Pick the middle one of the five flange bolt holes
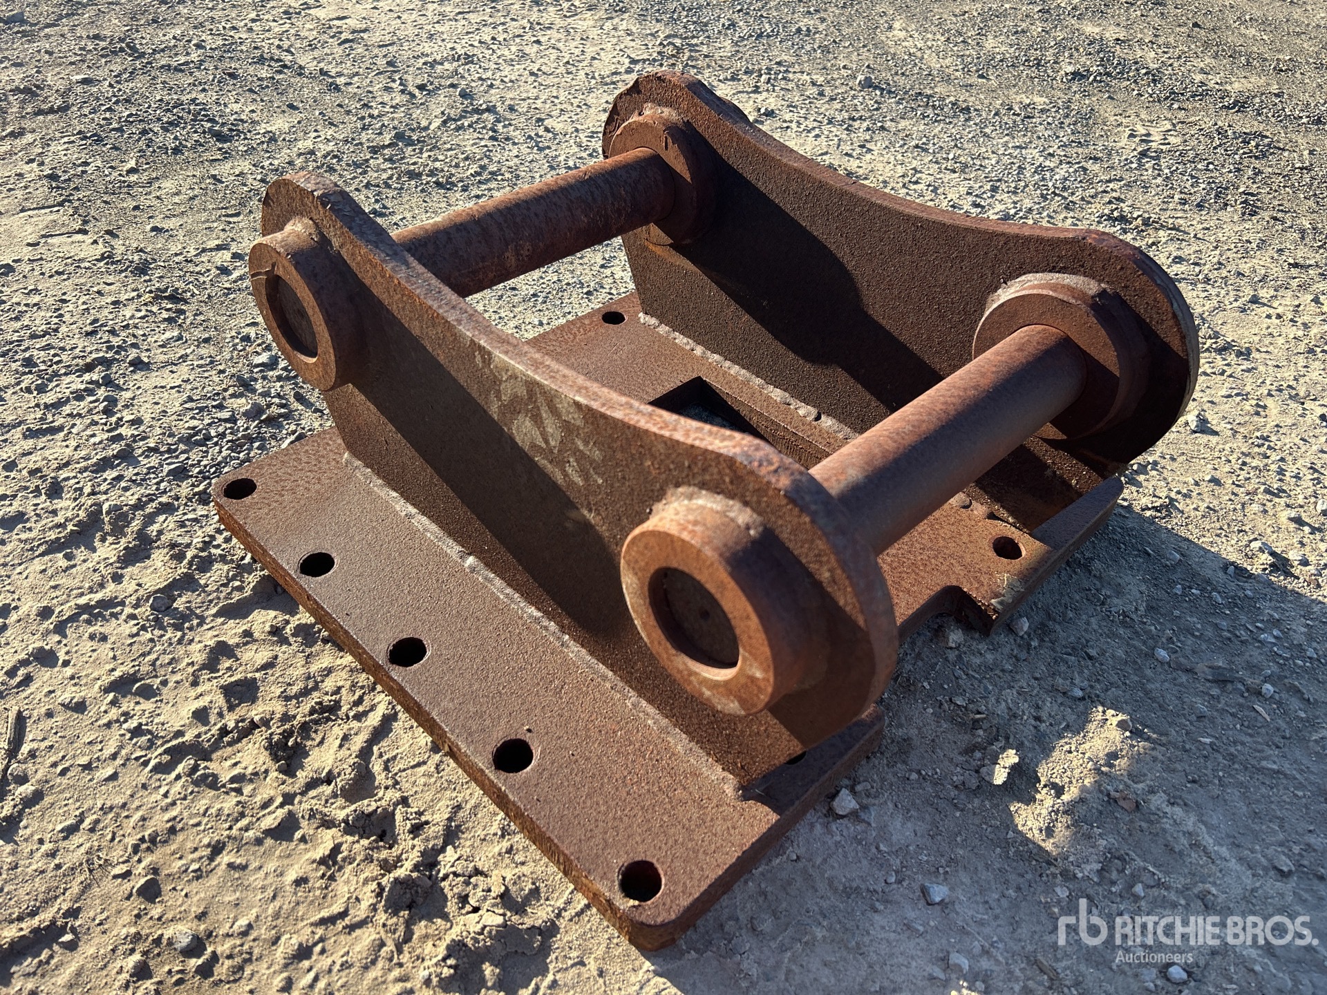(407, 651)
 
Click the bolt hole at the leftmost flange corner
(240, 489)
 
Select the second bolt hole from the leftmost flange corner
(317, 563)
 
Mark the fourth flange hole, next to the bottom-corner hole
(513, 755)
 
